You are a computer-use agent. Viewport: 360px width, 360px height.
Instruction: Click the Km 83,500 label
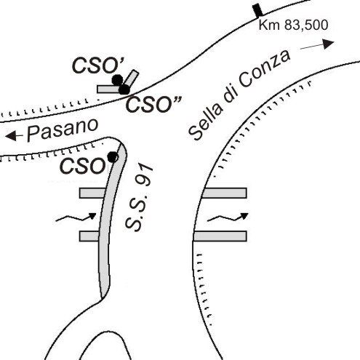click(x=293, y=25)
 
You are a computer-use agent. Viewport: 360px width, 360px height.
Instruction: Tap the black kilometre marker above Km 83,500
click(x=257, y=10)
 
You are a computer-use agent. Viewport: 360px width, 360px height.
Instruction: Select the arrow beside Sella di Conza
click(x=317, y=44)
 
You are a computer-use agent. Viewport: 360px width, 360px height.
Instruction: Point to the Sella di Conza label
click(x=239, y=95)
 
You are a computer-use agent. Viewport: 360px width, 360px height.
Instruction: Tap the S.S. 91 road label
click(x=140, y=198)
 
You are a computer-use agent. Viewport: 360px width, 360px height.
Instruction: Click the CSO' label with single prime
click(x=98, y=65)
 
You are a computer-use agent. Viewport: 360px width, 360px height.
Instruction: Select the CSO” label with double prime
click(x=153, y=105)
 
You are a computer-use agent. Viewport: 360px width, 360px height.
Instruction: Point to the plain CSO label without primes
click(x=82, y=167)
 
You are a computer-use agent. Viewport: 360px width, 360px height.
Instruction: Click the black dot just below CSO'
click(x=117, y=80)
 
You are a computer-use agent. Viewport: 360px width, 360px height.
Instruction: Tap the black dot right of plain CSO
click(x=113, y=157)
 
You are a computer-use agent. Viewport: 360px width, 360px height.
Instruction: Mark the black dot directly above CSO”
click(x=124, y=89)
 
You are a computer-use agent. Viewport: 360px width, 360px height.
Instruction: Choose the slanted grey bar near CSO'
click(x=132, y=78)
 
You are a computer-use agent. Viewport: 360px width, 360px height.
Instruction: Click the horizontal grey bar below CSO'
click(x=108, y=89)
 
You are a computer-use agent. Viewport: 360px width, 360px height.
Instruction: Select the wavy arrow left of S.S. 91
click(x=76, y=217)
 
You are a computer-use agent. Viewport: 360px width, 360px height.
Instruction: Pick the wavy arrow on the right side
click(x=228, y=217)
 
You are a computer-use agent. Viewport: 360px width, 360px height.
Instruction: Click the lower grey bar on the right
click(x=220, y=236)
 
